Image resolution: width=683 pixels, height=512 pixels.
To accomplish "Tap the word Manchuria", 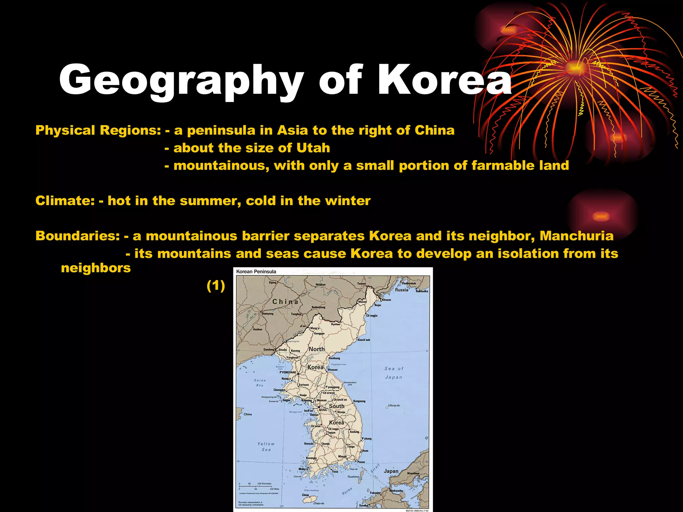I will (x=576, y=236).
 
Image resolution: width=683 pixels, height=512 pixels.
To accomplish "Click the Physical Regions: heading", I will (x=98, y=130).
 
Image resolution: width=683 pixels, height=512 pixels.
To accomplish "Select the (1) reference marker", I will (x=216, y=286).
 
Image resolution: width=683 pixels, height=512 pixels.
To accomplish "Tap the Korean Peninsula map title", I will (x=256, y=271).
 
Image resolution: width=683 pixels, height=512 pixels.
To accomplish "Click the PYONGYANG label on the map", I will (x=288, y=372).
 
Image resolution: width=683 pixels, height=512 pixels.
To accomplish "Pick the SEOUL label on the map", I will (x=323, y=410).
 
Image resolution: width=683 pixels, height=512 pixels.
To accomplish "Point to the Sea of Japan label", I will (x=394, y=373).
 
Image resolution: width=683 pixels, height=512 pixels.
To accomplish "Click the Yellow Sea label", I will (x=266, y=447).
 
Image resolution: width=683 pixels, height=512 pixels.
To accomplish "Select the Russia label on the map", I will (x=402, y=290).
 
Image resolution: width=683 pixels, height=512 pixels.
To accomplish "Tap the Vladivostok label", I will (x=409, y=283).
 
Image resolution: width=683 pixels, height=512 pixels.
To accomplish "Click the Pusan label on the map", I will (x=361, y=462).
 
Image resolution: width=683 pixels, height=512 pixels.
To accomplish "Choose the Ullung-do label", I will (x=394, y=405).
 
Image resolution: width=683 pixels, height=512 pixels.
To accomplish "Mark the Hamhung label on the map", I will (x=334, y=358).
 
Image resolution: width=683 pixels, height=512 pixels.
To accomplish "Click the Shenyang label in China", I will (x=267, y=314).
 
